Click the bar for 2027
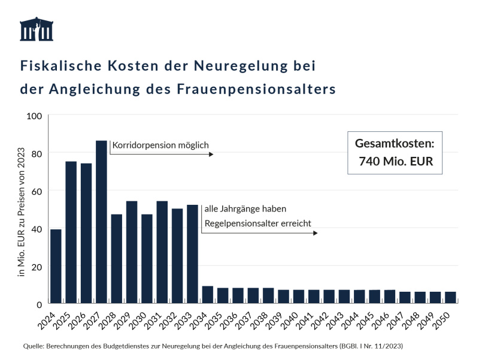tap(101, 222)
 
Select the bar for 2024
tap(56, 266)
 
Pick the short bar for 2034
tap(207, 295)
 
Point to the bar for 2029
tap(132, 252)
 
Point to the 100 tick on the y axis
tap(34, 115)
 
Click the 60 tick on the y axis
tap(36, 190)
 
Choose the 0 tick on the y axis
tap(38, 304)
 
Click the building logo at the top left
tap(37, 29)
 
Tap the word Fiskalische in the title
tap(57, 65)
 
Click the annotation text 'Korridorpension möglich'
tap(160, 145)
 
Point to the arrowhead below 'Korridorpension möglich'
tap(211, 155)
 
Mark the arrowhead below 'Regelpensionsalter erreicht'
tap(315, 233)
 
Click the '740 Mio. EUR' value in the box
tap(395, 161)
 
